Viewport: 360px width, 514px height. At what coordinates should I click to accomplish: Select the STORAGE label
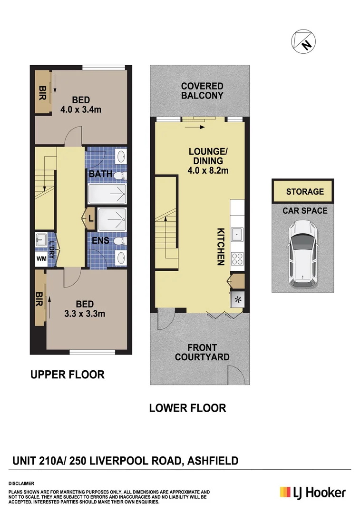pos(305,192)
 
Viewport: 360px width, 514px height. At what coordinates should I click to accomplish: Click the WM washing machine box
pos(42,259)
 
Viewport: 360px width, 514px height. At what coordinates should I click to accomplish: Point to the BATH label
pos(100,174)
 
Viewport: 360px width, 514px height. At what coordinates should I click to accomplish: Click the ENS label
pos(100,241)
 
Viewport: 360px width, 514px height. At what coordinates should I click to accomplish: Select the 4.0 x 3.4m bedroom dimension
pos(81,109)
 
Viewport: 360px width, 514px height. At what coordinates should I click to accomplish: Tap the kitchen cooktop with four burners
pos(236,259)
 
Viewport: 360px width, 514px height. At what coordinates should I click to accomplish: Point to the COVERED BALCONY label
pos(202,90)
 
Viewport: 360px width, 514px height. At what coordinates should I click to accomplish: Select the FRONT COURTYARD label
pos(202,352)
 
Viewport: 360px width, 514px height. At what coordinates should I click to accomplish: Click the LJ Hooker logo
pos(312,493)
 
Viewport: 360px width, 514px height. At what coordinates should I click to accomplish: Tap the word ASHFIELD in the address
pos(213,460)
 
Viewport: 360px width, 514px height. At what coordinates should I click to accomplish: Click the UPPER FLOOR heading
pos(68,375)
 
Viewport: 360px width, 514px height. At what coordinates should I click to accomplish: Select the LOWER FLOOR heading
pos(187,408)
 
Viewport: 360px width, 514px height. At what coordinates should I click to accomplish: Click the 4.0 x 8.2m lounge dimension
pos(208,170)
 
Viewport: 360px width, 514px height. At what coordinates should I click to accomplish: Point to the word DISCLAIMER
pos(21,483)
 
